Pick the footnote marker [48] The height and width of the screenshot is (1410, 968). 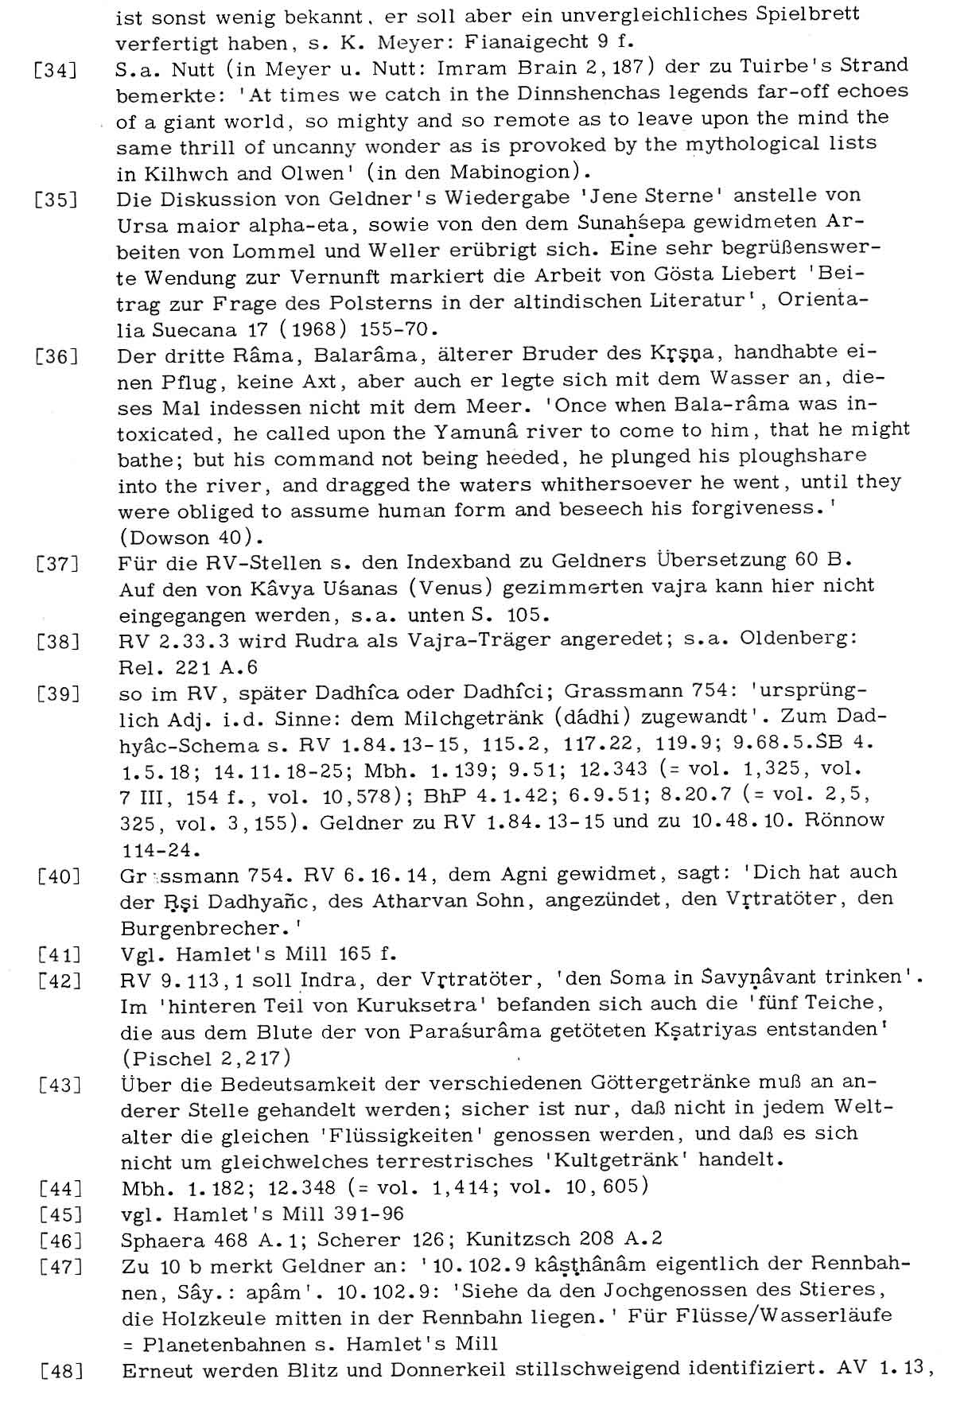[60, 1372]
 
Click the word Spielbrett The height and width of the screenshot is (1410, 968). [818, 15]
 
